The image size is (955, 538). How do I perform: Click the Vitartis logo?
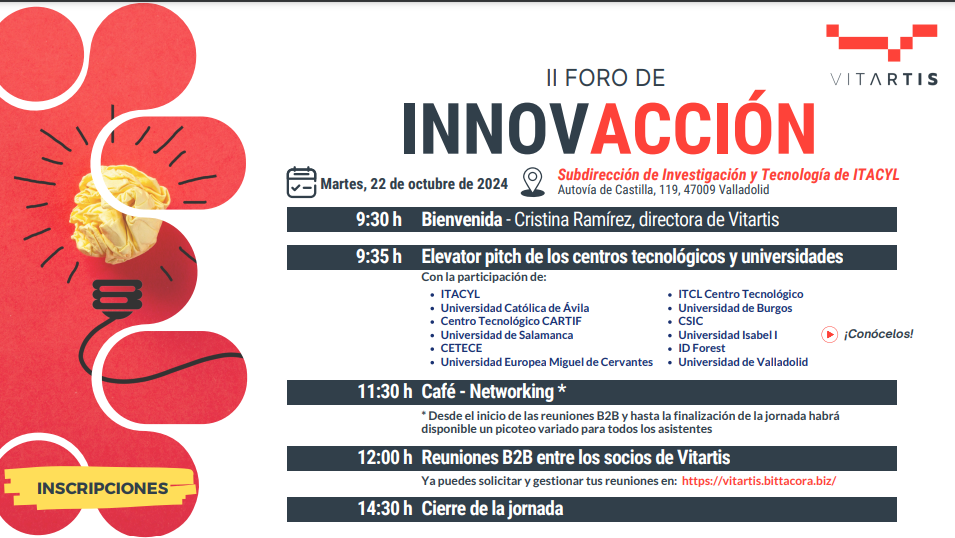[883, 55]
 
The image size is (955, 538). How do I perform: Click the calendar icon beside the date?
[301, 182]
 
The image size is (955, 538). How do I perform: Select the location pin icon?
[532, 182]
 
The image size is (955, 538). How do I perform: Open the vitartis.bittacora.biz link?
[758, 481]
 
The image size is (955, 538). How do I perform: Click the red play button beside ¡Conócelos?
[829, 334]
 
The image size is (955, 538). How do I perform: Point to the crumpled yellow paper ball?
[119, 213]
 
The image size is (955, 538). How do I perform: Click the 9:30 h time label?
[378, 219]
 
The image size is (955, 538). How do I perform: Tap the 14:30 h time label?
[384, 509]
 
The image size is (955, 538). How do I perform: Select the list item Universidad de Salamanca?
[507, 335]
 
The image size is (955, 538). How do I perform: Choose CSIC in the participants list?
[691, 321]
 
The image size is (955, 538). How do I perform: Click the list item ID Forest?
[702, 349]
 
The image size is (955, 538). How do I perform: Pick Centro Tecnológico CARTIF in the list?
[511, 321]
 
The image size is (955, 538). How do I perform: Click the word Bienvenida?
[462, 219]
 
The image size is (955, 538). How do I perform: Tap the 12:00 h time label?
[384, 458]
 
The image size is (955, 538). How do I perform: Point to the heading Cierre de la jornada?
[492, 509]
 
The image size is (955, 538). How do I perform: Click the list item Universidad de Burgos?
[735, 308]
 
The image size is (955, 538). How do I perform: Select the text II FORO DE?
[605, 78]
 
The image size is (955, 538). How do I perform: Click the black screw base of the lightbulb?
[117, 296]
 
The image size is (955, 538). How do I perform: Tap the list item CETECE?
[461, 349]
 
